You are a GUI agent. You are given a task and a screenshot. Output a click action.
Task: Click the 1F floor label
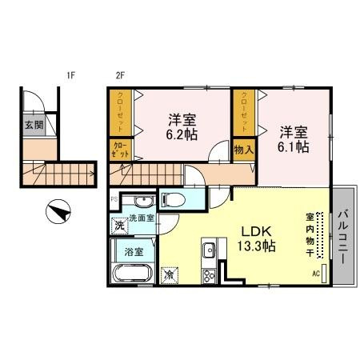(x=70, y=77)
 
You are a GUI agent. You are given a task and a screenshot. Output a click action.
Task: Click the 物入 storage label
(x=244, y=149)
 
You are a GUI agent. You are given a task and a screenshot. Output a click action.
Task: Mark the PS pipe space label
(x=113, y=197)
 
